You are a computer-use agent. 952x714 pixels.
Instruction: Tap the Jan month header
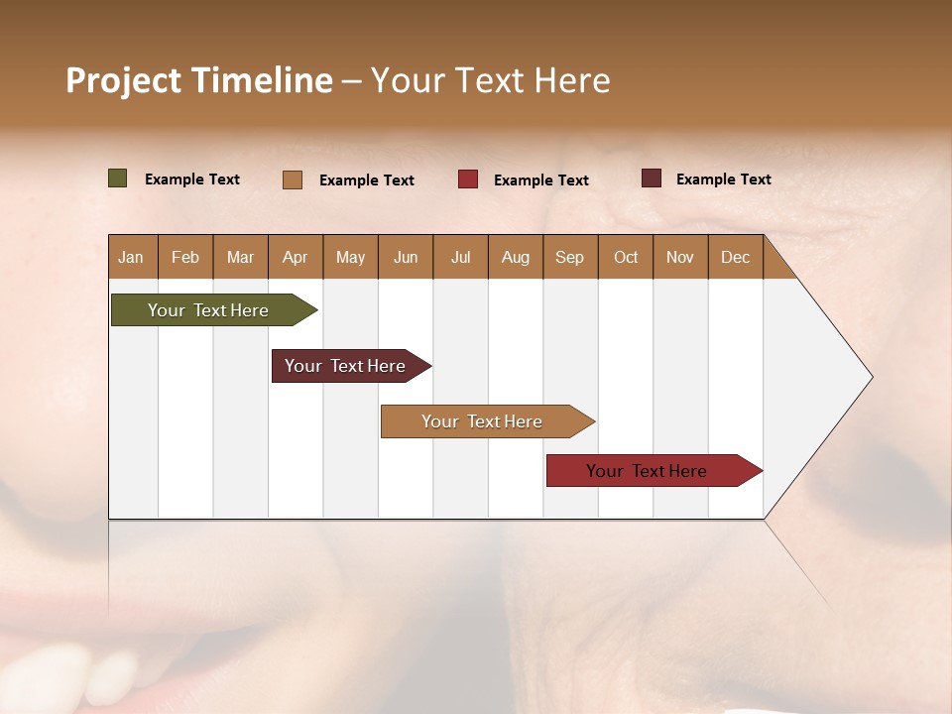(131, 258)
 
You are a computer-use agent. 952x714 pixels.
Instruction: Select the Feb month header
(185, 258)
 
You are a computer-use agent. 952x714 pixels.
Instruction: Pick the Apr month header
(296, 258)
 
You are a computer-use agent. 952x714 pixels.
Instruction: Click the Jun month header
(406, 258)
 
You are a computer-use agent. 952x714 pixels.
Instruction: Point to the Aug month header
(516, 258)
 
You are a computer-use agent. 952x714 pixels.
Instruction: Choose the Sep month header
(570, 258)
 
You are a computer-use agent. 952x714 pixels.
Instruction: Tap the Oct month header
(626, 258)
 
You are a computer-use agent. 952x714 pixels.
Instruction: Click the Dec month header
(736, 258)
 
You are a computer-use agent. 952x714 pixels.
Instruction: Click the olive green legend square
(118, 178)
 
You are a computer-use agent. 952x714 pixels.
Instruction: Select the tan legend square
(293, 179)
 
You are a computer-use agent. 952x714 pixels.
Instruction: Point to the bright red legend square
(468, 179)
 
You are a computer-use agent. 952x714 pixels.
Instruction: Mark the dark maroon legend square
(652, 178)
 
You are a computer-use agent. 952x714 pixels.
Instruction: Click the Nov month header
(680, 258)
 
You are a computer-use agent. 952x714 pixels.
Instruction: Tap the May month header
(350, 258)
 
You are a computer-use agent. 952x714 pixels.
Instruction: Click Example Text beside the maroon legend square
(723, 179)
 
